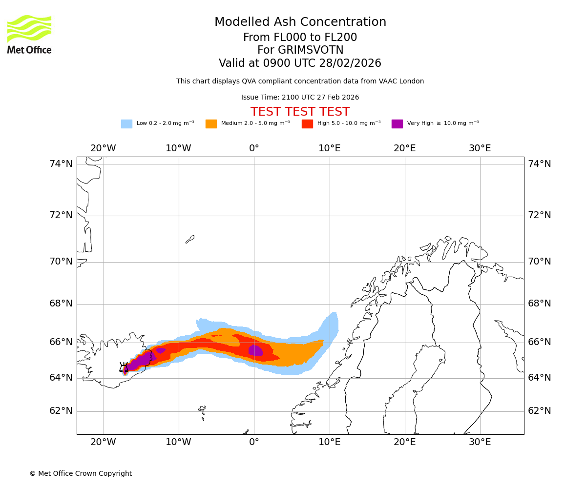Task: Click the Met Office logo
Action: point(29,34)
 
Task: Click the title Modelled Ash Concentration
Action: point(300,22)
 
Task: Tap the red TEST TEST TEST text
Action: point(300,112)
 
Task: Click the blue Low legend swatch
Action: point(126,124)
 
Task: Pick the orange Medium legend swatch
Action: point(211,124)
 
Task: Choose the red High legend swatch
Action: point(307,124)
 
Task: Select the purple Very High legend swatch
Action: point(397,124)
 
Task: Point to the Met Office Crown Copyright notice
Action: point(81,474)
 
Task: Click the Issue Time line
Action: point(300,98)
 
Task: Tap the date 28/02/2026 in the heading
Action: point(350,63)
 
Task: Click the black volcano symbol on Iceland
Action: point(124,367)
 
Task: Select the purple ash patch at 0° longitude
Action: point(255,350)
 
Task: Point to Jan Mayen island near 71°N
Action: point(190,239)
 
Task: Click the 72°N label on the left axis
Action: point(61,215)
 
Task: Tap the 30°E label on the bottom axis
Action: point(480,442)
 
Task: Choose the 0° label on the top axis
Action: point(254,148)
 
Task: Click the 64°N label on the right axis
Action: point(539,378)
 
